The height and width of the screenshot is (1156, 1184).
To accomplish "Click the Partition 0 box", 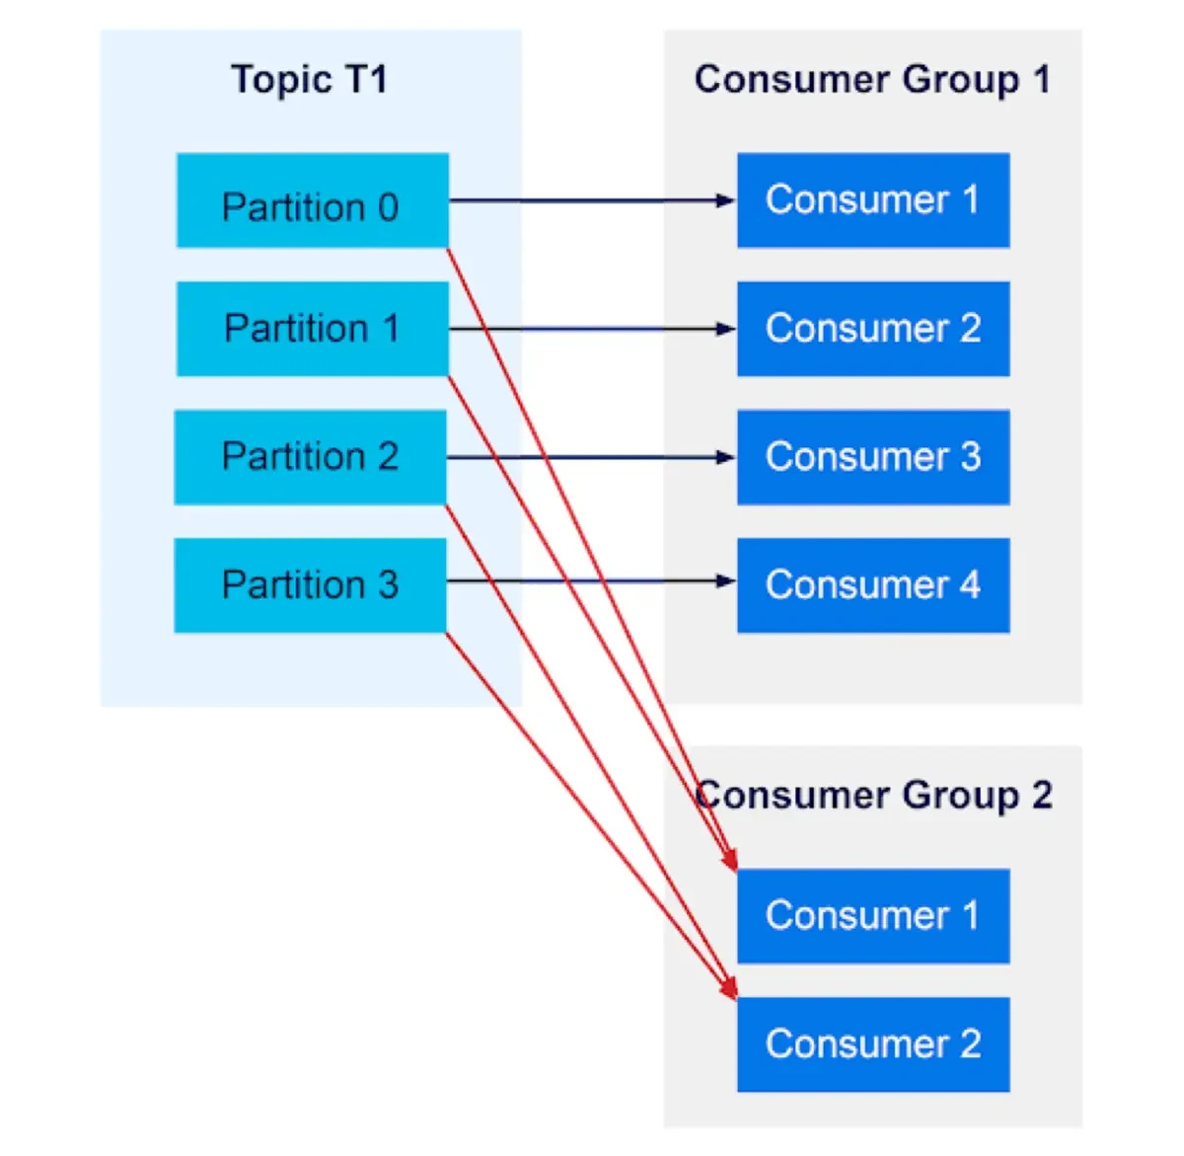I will tap(312, 200).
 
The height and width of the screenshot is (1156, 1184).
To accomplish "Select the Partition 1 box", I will tap(312, 329).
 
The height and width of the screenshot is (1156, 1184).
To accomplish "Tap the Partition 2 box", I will tap(310, 457).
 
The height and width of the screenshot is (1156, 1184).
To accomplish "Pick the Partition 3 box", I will tap(310, 585).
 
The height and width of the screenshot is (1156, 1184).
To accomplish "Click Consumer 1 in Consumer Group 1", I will tap(873, 200).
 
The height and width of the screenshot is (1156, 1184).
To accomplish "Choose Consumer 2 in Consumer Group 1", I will tap(873, 329).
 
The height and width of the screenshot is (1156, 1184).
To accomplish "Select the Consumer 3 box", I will tap(873, 457).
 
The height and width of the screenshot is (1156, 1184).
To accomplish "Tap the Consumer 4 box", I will tap(873, 585).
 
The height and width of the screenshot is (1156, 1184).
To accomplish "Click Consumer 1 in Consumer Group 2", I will tap(873, 916).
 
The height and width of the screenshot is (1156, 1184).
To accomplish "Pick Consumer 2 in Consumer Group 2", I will tap(873, 1044).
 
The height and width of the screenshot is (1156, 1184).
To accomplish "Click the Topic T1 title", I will tap(309, 79).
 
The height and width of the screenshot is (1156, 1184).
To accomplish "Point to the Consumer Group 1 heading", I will tap(872, 79).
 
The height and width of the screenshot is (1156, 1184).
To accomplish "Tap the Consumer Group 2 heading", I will tap(874, 795).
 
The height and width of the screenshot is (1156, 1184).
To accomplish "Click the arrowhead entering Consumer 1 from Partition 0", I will tap(726, 200).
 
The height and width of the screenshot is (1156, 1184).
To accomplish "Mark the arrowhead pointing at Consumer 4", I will tap(726, 581).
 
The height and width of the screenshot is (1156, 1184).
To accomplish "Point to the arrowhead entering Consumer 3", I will tap(726, 457).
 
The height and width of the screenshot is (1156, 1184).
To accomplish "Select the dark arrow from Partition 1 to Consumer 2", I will tap(592, 329).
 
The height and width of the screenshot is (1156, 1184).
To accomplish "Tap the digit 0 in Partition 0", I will tap(388, 207).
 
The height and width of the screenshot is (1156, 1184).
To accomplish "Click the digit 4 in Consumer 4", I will tap(970, 585).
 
